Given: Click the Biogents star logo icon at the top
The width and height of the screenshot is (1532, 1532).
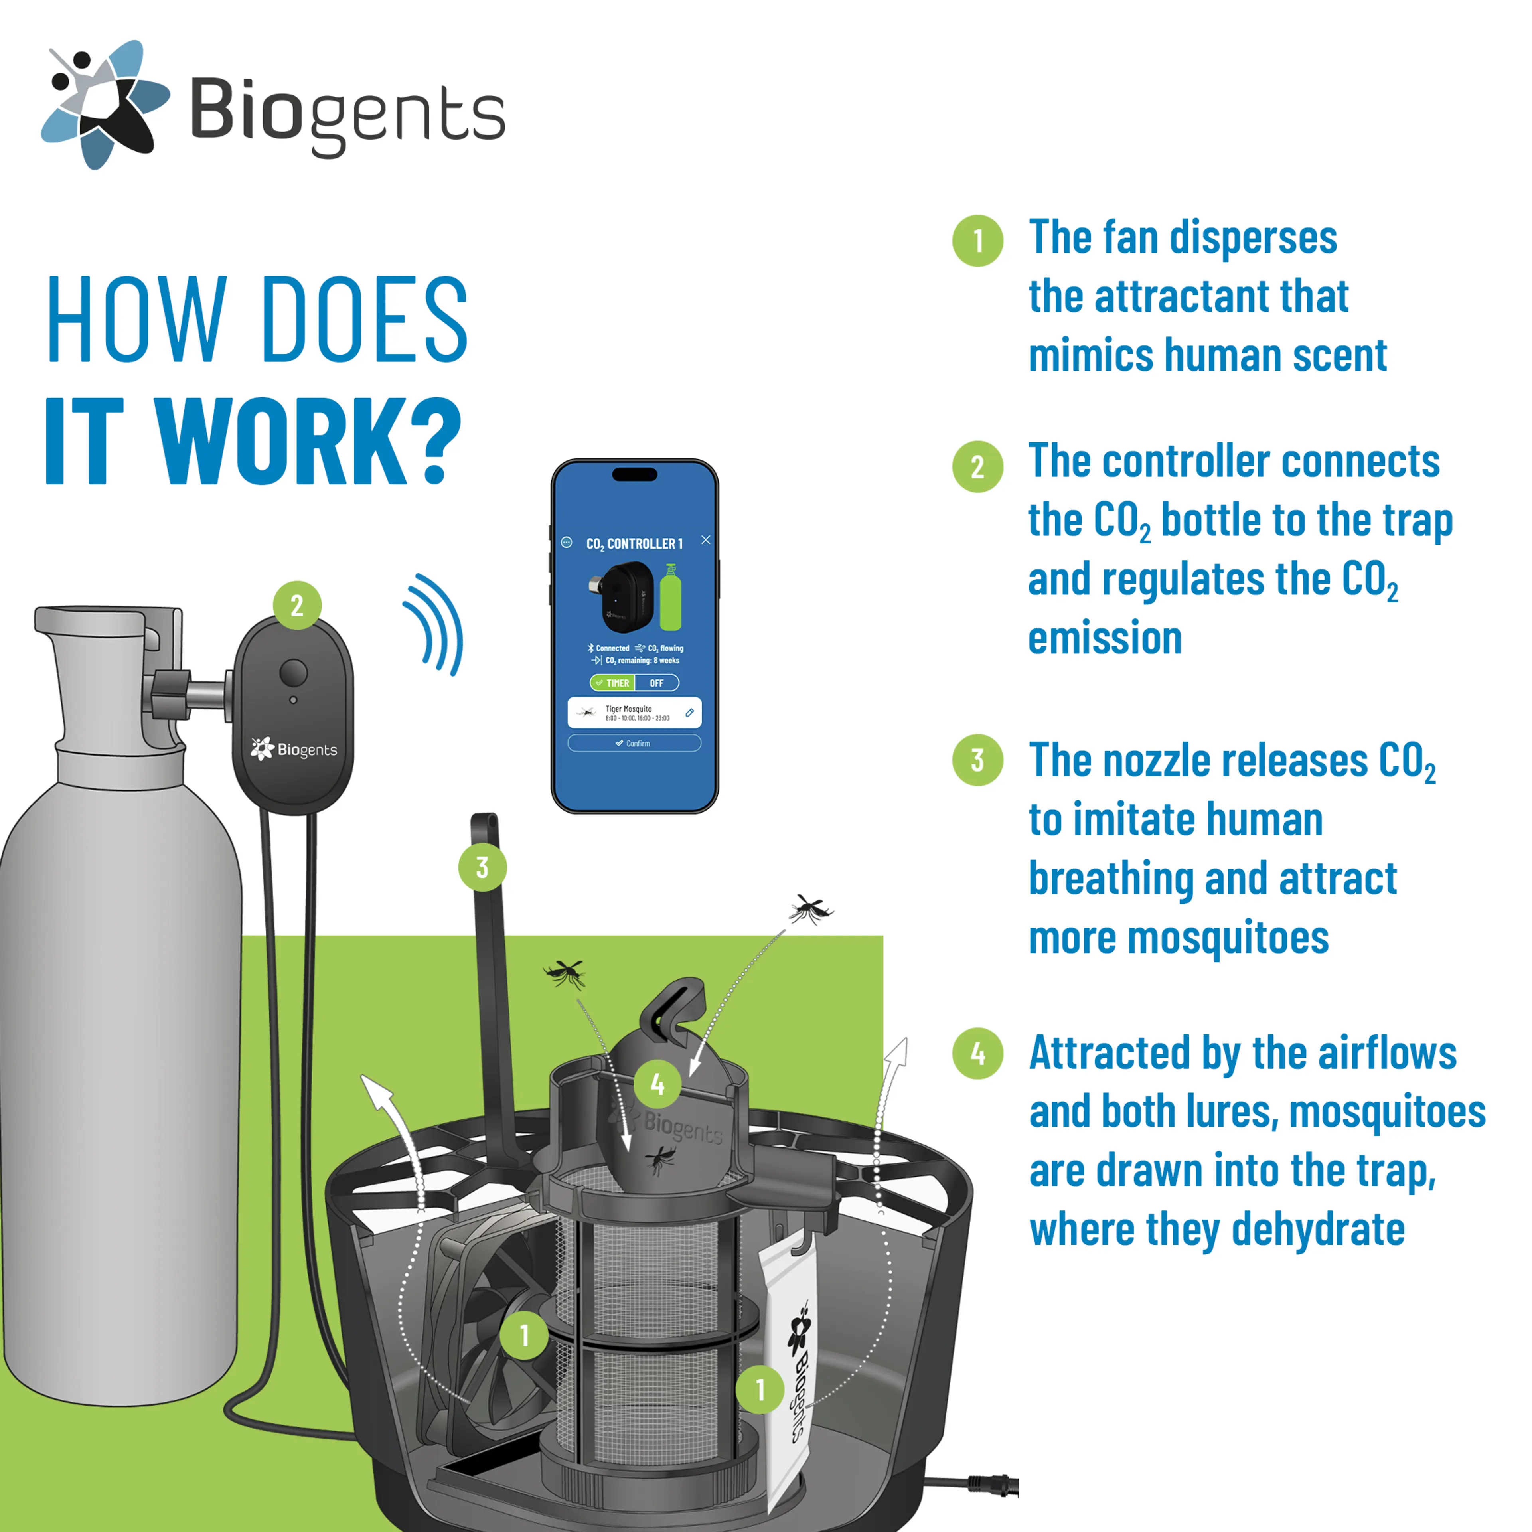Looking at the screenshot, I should coord(105,105).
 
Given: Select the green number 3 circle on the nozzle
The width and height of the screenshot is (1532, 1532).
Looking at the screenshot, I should coord(482,867).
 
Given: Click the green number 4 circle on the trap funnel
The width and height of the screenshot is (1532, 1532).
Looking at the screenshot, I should coord(657,1083).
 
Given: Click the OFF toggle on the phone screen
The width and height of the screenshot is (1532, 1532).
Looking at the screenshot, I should coord(657,683).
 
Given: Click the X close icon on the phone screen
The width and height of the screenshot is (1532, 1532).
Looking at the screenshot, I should coord(706,540).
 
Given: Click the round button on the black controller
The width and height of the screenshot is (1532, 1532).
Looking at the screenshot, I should coord(293,672).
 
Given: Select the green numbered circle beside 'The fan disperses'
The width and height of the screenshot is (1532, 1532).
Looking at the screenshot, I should coord(978,240).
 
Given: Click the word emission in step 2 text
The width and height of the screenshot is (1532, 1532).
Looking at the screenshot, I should coord(1105,638).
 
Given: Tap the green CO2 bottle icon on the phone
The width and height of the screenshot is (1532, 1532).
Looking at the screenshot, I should coord(671,598).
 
